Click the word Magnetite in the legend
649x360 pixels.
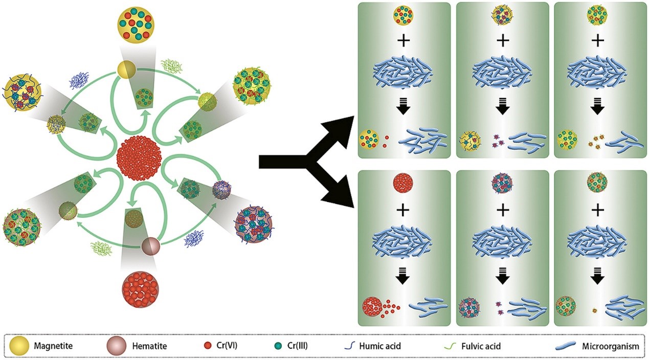pyautogui.click(x=53, y=346)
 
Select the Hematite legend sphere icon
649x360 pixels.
pyautogui.click(x=116, y=346)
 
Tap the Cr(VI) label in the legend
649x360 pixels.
pyautogui.click(x=225, y=346)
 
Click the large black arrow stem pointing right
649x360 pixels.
pyautogui.click(x=286, y=162)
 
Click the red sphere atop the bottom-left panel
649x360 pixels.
pyautogui.click(x=404, y=183)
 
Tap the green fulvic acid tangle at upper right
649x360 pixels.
pyautogui.click(x=171, y=65)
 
